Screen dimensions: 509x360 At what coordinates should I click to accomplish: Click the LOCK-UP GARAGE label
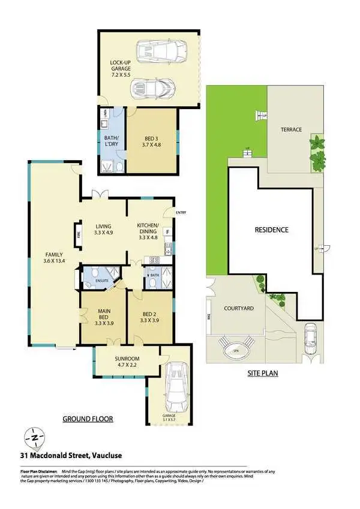(x=121, y=67)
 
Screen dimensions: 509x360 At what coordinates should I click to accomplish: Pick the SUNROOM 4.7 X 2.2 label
(x=127, y=362)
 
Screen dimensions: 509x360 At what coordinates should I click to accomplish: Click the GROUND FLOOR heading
(x=88, y=418)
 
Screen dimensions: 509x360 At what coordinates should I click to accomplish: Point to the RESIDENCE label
(x=271, y=230)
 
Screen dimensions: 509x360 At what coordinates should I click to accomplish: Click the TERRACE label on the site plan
(x=291, y=129)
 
